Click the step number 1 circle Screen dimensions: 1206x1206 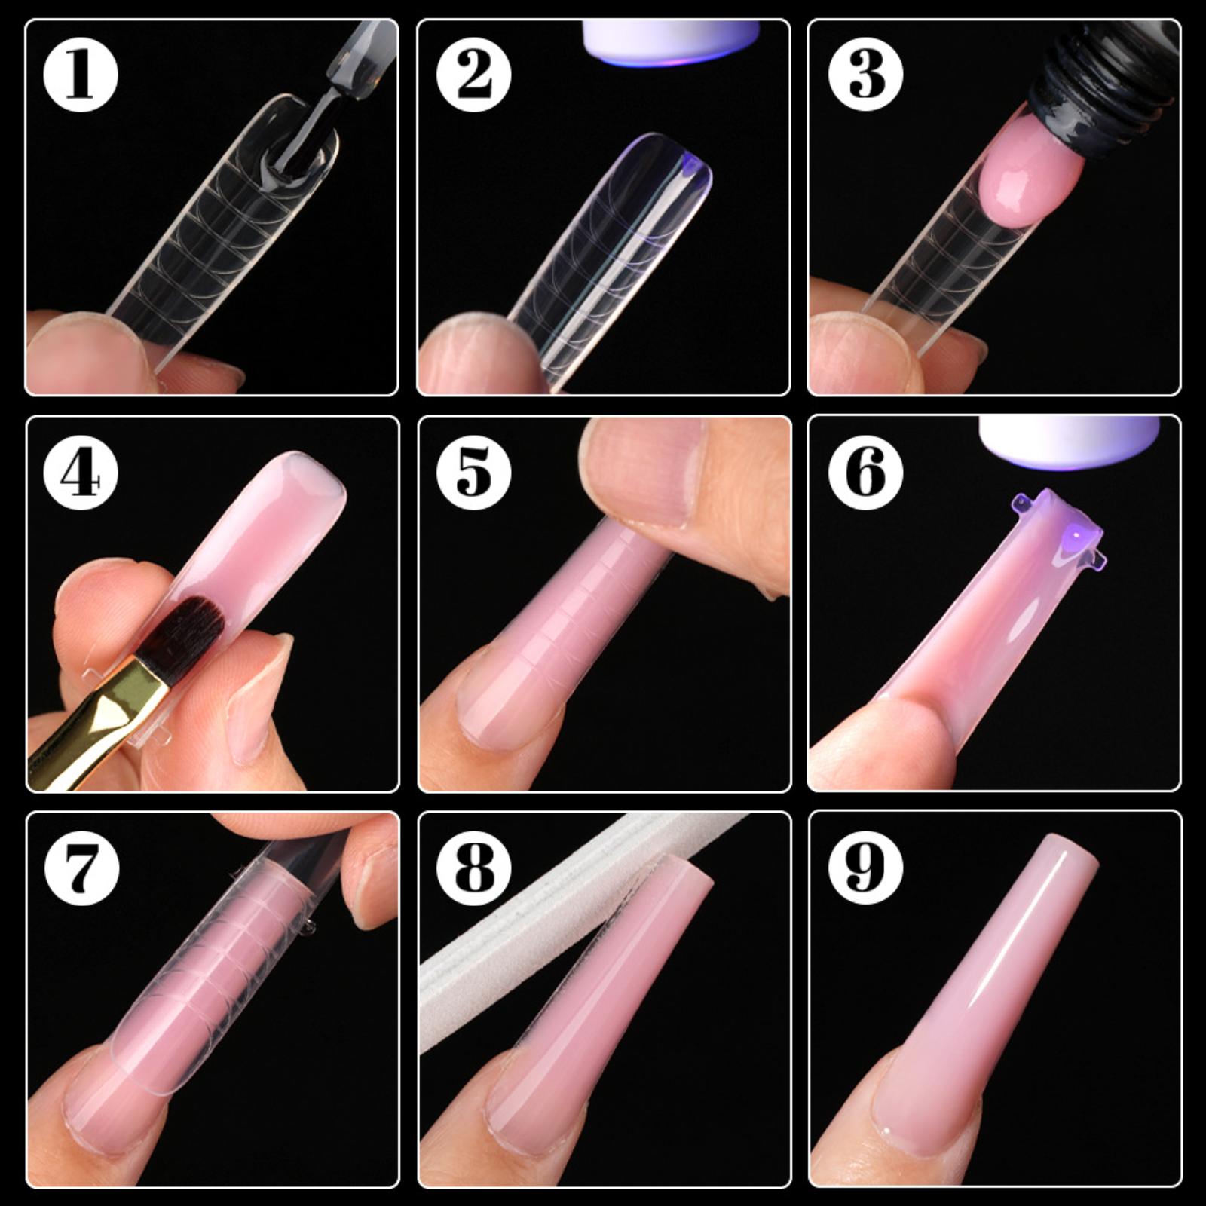pos(81,75)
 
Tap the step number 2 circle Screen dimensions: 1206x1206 pos(473,75)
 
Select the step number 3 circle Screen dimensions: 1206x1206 pos(865,75)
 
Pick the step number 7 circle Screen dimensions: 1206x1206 pos(81,868)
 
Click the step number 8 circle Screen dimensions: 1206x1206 pos(473,868)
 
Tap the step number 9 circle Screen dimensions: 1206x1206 pos(865,868)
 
